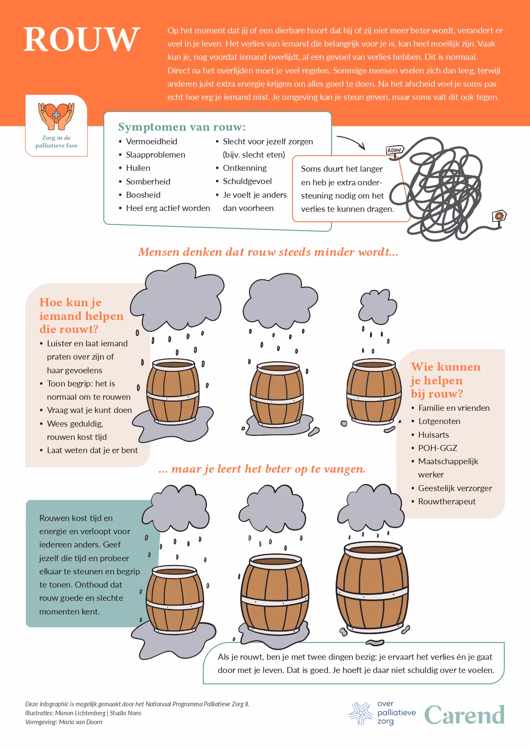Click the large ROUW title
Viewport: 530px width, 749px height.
tap(82, 39)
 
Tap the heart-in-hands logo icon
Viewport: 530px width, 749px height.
tap(56, 116)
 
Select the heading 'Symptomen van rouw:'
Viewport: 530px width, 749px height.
tap(182, 127)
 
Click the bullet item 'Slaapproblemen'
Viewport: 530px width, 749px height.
tap(155, 155)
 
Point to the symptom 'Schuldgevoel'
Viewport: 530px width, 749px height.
tap(247, 181)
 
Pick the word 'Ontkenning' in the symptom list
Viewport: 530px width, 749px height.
tap(245, 168)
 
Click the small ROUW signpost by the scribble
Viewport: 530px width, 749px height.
tap(395, 150)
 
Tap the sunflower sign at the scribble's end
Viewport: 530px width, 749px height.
tap(499, 216)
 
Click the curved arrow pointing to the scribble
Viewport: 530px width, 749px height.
tap(351, 142)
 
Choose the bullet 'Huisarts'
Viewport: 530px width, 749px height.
tap(433, 435)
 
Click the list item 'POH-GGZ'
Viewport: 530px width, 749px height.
tap(438, 448)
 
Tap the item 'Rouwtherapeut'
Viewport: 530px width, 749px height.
tap(447, 501)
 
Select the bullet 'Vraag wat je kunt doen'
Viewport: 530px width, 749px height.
tap(89, 410)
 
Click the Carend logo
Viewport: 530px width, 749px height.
tap(464, 715)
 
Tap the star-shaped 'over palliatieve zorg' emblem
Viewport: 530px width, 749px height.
tap(361, 713)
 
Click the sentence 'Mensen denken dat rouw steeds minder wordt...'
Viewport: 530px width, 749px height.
tap(268, 252)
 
